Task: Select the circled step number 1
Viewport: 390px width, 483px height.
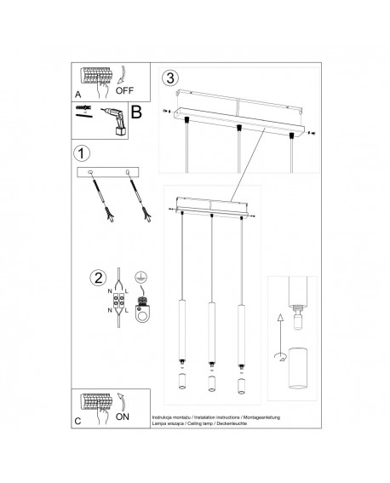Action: [82, 154]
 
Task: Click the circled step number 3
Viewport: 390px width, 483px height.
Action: [171, 77]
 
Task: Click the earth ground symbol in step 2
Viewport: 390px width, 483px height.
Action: [141, 278]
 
